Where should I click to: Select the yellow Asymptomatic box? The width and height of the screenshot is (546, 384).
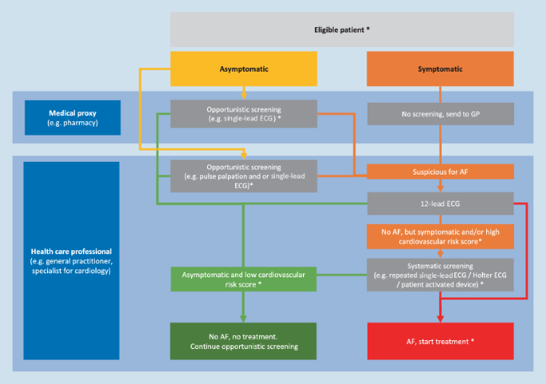[244, 69]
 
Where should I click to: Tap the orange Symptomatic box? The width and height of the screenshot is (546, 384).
[439, 69]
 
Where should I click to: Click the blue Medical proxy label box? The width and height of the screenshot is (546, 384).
[72, 116]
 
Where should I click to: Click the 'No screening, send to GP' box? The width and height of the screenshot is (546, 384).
[439, 113]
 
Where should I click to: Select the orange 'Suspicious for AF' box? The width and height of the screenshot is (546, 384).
[439, 170]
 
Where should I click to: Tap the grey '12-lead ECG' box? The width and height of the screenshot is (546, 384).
[439, 202]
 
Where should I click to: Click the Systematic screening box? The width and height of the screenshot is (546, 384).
[439, 274]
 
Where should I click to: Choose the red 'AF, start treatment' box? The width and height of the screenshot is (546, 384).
[439, 341]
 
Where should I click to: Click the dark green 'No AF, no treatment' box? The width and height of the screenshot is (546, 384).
[244, 341]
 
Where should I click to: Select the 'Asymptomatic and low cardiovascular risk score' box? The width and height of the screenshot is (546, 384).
[244, 278]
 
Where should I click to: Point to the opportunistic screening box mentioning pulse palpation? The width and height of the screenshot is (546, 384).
[244, 174]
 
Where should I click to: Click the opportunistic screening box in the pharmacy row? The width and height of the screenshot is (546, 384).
[244, 113]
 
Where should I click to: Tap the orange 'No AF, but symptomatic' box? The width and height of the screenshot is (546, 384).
[439, 236]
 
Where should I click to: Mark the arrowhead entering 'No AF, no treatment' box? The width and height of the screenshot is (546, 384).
[244, 319]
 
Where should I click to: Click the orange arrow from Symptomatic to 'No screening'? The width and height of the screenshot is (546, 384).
[439, 93]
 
